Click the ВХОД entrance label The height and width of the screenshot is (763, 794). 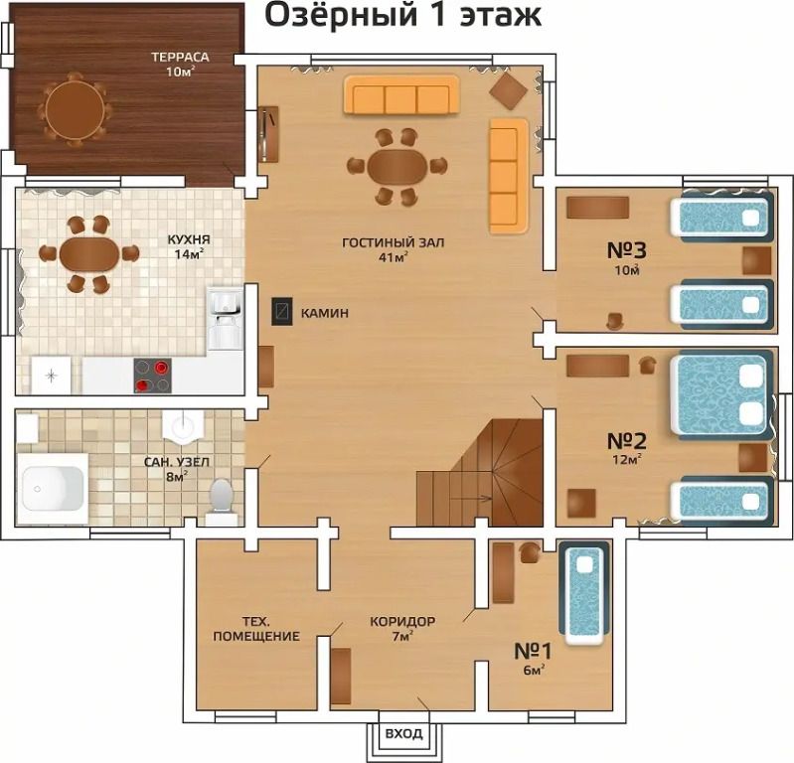[403, 733]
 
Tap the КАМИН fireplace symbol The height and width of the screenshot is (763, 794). [282, 311]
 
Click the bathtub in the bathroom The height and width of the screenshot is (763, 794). [53, 489]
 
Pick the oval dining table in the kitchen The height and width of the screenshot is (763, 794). [89, 254]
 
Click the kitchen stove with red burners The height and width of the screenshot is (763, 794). [152, 376]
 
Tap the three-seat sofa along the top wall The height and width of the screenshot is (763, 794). [401, 95]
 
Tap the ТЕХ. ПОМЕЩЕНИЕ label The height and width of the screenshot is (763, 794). [256, 628]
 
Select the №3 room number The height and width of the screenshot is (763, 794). [626, 250]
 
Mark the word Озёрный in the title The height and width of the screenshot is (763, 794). [341, 15]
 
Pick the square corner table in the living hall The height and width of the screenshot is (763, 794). [509, 90]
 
